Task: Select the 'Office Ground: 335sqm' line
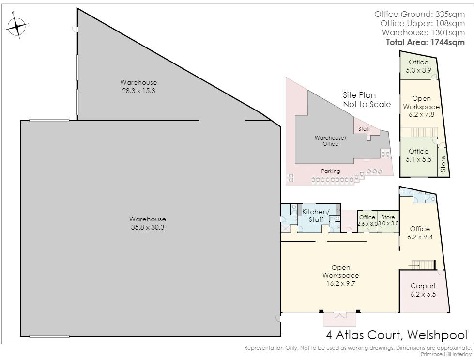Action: click(x=422, y=14)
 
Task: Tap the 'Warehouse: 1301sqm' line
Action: click(x=427, y=32)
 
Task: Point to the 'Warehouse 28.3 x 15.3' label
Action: click(x=138, y=87)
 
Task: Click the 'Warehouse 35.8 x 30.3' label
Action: click(x=148, y=223)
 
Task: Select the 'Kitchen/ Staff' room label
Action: click(x=316, y=216)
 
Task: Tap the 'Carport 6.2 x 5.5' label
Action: click(x=423, y=290)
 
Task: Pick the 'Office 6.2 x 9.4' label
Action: click(x=419, y=233)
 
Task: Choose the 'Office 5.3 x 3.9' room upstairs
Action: click(x=418, y=66)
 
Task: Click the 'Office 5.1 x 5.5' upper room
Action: click(x=418, y=155)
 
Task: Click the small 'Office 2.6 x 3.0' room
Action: click(x=367, y=220)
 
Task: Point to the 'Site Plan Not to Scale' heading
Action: click(x=367, y=99)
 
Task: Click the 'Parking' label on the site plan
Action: click(x=331, y=171)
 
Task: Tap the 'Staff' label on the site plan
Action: click(x=364, y=129)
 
